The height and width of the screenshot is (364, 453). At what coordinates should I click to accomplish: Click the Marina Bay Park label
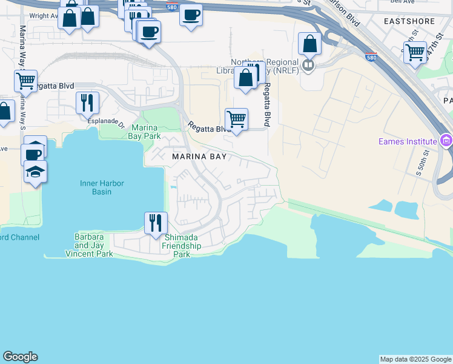tap(144, 132)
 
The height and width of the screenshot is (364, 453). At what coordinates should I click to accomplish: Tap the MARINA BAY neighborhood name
tap(199, 157)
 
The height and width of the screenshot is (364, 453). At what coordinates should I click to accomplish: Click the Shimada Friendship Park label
tap(182, 246)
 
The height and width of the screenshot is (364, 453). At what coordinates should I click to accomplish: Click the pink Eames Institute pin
tap(447, 141)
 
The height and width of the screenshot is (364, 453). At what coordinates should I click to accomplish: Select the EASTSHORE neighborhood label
tap(409, 21)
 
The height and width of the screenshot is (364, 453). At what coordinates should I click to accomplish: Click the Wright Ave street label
tap(44, 16)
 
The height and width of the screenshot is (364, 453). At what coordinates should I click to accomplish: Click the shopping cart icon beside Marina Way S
tap(25, 80)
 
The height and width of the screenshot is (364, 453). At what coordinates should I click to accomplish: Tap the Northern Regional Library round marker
tap(308, 64)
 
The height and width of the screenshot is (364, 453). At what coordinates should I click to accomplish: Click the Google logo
tap(20, 357)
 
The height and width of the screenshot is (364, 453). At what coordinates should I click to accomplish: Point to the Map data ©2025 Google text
tap(415, 359)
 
